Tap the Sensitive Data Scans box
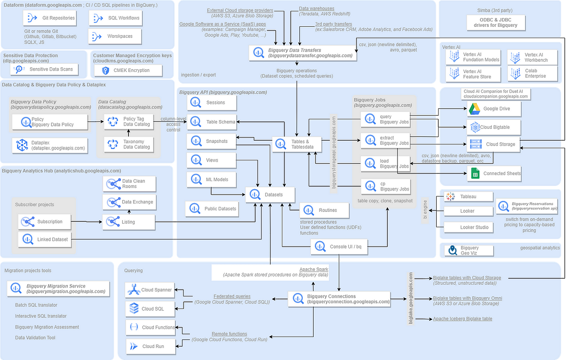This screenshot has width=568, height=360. (x=44, y=69)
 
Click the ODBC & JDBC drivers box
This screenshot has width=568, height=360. (x=495, y=23)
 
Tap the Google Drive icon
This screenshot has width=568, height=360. (x=473, y=108)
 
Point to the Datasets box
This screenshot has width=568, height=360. (x=270, y=195)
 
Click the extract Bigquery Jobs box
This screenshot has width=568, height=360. (x=386, y=141)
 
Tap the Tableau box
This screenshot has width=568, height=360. (x=468, y=196)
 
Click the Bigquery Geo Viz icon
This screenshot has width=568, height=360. (x=452, y=250)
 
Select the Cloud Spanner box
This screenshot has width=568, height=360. (x=149, y=290)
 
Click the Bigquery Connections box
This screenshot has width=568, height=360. (x=339, y=299)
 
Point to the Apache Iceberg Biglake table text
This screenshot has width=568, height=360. (x=462, y=319)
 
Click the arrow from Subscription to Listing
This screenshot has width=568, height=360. (x=87, y=221)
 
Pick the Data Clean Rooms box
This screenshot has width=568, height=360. (x=130, y=184)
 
